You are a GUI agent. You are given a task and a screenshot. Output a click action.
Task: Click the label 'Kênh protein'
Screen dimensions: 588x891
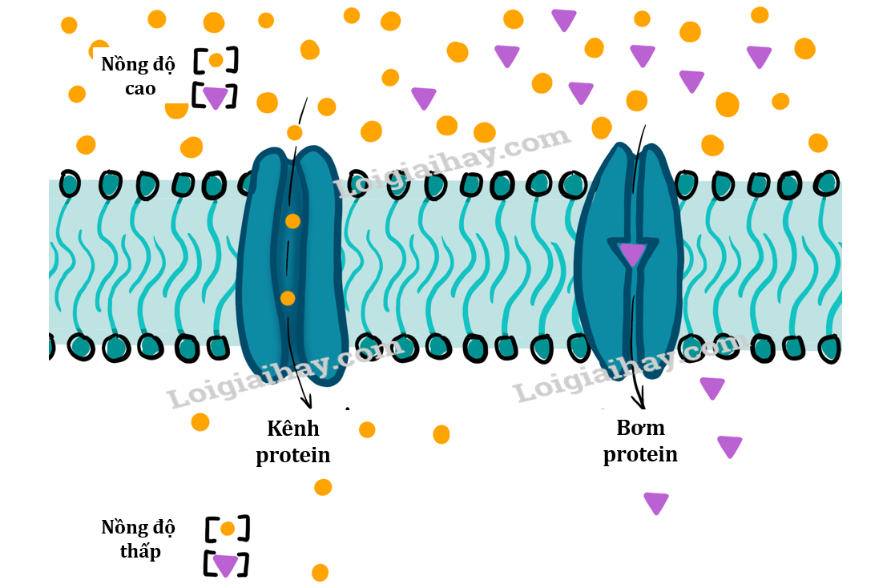(293, 441)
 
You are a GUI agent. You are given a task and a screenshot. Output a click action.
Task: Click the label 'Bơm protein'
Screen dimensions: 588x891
(640, 441)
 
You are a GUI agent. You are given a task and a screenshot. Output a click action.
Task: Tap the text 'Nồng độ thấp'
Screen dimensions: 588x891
(138, 539)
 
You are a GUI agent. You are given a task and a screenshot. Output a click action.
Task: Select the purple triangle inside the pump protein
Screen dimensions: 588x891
(632, 254)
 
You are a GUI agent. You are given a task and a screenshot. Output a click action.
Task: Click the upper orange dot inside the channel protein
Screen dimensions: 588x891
(292, 221)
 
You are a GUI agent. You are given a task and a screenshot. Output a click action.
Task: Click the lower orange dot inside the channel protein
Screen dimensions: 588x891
(288, 298)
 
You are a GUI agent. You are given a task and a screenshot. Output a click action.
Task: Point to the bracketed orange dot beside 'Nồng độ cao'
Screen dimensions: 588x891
(216, 60)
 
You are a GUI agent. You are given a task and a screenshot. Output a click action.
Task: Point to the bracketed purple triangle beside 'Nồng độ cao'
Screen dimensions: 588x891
(215, 97)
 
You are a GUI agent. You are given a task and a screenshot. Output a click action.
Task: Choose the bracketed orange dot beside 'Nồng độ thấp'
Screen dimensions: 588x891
(228, 529)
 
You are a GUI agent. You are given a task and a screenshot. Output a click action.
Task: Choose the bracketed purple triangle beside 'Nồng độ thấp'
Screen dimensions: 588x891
(225, 565)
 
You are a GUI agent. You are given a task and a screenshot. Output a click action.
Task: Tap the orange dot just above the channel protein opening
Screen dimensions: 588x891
(295, 133)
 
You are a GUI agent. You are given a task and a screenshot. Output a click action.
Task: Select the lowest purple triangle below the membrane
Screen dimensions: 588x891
(655, 502)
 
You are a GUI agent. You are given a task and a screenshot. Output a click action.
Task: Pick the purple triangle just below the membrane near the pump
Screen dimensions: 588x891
(712, 388)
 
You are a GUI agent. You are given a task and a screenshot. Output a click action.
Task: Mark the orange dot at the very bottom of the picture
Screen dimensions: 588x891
(320, 572)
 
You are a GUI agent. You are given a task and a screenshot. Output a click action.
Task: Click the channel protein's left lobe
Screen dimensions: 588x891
(260, 264)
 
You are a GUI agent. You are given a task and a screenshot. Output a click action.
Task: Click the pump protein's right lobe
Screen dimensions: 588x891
(659, 256)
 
